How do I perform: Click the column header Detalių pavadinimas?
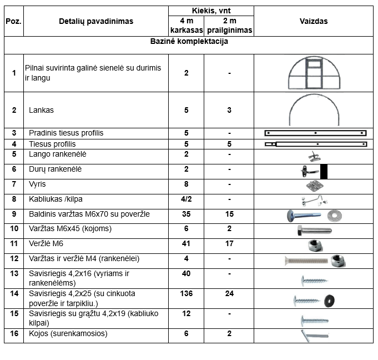[96, 22]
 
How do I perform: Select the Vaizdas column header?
[314, 22]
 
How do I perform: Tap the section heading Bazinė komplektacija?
[189, 41]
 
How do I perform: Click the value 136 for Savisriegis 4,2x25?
[186, 293]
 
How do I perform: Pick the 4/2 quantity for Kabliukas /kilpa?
[186, 199]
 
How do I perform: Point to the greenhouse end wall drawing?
[314, 73]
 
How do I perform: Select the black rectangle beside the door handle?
[324, 172]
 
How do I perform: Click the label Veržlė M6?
[47, 243]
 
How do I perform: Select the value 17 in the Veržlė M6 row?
[229, 243]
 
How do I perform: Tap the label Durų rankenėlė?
[55, 169]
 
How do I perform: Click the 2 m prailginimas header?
[229, 26]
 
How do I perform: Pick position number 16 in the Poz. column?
[14, 333]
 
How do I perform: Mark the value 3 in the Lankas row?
[229, 110]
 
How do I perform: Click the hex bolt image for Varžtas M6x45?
[314, 229]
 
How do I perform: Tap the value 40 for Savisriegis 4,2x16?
[186, 273]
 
